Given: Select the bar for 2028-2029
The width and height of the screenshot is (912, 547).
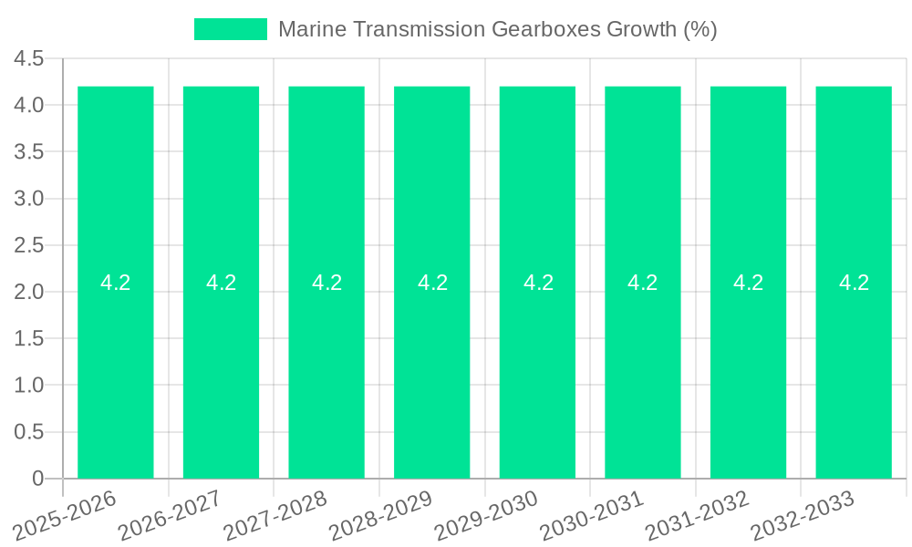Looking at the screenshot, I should pyautogui.click(x=432, y=365).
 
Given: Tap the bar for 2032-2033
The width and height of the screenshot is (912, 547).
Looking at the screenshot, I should pyautogui.click(x=854, y=365).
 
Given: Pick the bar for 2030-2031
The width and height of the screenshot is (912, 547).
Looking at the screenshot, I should pyautogui.click(x=643, y=365).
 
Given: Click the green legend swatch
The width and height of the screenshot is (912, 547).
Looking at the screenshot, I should pyautogui.click(x=231, y=29).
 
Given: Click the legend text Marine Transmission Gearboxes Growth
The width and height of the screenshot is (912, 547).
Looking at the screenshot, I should pyautogui.click(x=497, y=29).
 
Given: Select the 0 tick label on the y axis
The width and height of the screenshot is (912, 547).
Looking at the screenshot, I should pyautogui.click(x=37, y=479).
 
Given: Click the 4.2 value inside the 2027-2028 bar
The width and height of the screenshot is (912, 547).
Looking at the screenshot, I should pyautogui.click(x=326, y=283).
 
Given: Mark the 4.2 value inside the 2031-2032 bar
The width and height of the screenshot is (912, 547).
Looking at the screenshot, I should pyautogui.click(x=748, y=283).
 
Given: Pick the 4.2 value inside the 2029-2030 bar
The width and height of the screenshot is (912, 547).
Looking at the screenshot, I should pyautogui.click(x=538, y=283).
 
